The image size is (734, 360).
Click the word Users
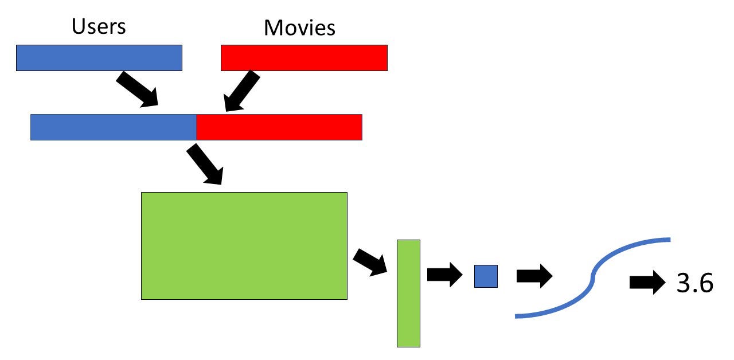click(99, 26)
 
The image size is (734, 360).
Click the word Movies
click(300, 28)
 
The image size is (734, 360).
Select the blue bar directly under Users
click(99, 58)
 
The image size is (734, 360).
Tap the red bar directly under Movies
click(304, 58)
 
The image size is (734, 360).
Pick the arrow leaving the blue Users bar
click(137, 89)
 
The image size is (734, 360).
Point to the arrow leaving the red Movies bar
click(241, 91)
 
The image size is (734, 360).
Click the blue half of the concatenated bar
click(114, 127)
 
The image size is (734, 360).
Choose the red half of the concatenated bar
click(279, 127)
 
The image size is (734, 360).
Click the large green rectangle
click(244, 245)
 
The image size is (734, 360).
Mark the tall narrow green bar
click(408, 293)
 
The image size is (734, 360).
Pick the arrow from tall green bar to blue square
click(444, 275)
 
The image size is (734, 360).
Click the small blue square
click(486, 276)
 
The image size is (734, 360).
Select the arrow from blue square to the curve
click(534, 276)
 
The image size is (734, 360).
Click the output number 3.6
click(694, 283)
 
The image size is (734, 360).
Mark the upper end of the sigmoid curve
click(667, 238)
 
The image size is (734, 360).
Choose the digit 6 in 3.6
click(705, 283)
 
